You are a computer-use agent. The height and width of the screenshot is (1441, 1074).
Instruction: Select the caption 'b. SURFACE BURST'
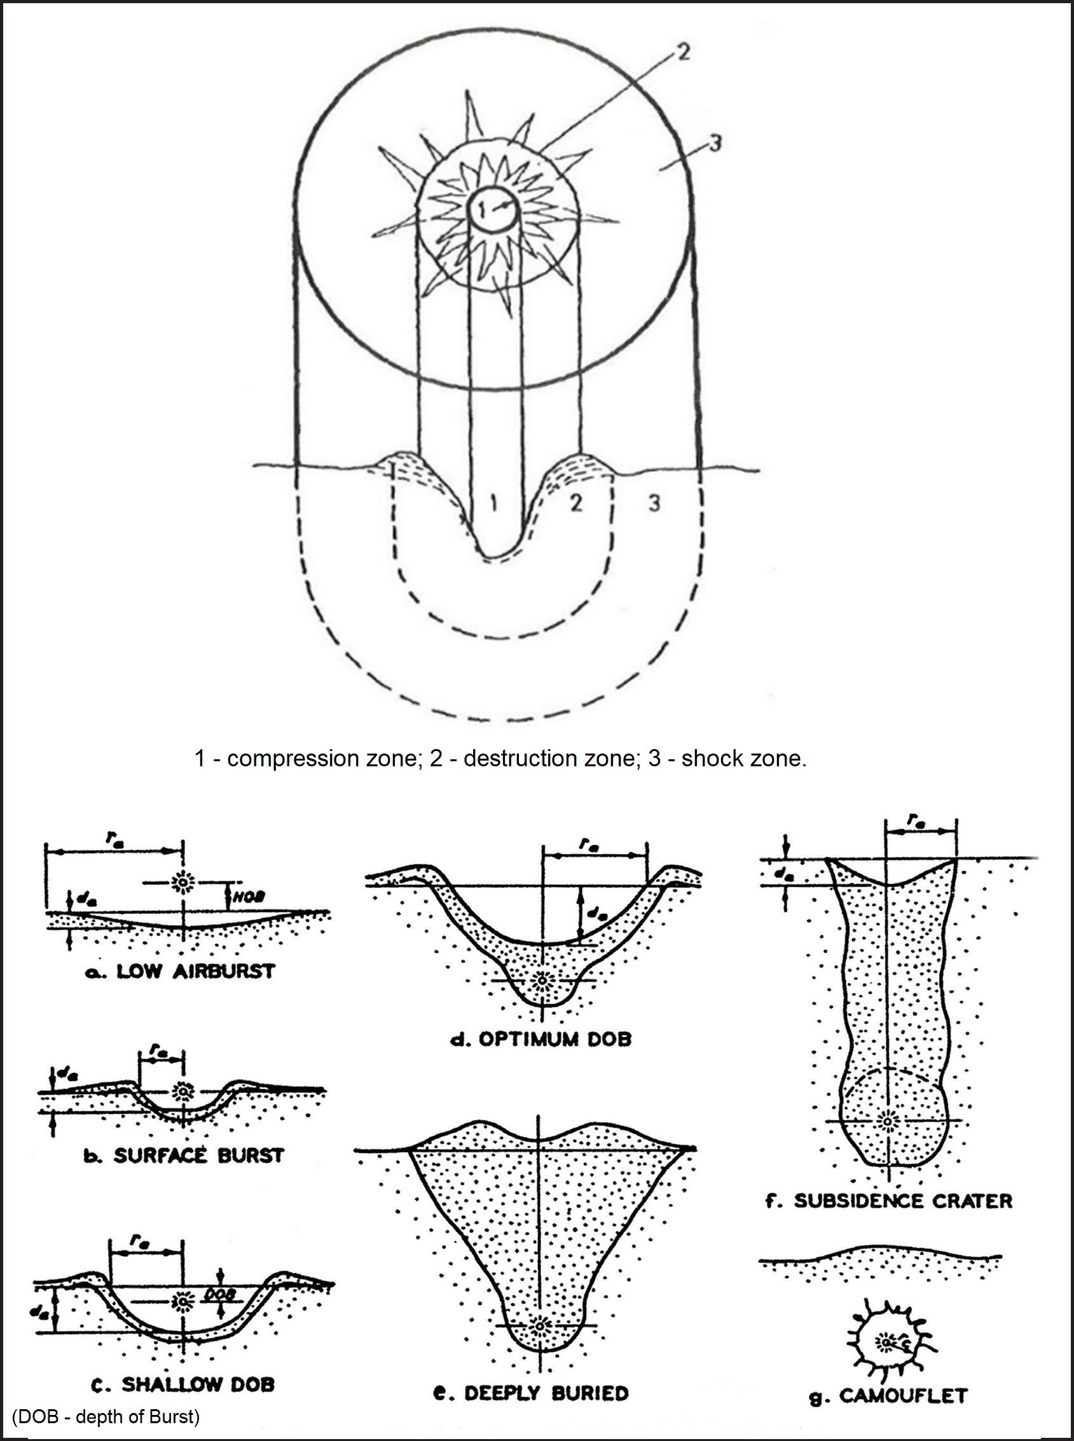pos(184,1155)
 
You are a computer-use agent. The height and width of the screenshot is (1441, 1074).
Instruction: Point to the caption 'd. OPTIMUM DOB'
pos(542,1038)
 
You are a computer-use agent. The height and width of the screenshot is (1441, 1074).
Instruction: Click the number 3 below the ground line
pos(654,502)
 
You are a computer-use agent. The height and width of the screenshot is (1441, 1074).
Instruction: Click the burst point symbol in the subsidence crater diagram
pos(887,1121)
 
